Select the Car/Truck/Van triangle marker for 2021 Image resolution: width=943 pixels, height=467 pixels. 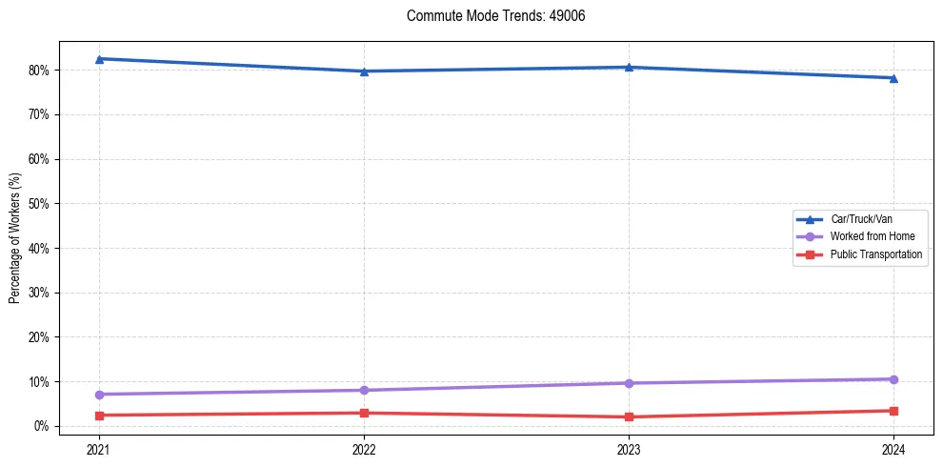pyautogui.click(x=99, y=59)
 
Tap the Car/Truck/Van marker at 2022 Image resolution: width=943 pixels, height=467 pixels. pyautogui.click(x=364, y=71)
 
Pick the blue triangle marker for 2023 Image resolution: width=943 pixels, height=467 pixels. pyautogui.click(x=629, y=67)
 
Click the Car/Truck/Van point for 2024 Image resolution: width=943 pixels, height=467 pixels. pyautogui.click(x=893, y=78)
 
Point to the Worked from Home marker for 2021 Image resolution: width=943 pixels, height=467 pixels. pyautogui.click(x=99, y=395)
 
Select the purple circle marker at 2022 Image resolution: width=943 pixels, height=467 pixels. pyautogui.click(x=364, y=390)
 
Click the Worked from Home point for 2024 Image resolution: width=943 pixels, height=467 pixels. pyautogui.click(x=893, y=379)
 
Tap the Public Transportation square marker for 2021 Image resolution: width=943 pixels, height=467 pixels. pyautogui.click(x=99, y=416)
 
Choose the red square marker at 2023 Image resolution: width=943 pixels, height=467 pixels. pyautogui.click(x=629, y=417)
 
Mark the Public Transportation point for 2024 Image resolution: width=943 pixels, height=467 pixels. pyautogui.click(x=893, y=411)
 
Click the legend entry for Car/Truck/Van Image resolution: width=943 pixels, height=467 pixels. pyautogui.click(x=861, y=219)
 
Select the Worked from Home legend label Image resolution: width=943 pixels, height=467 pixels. pyautogui.click(x=872, y=236)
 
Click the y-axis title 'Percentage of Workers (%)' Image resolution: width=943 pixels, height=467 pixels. pyautogui.click(x=15, y=238)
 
